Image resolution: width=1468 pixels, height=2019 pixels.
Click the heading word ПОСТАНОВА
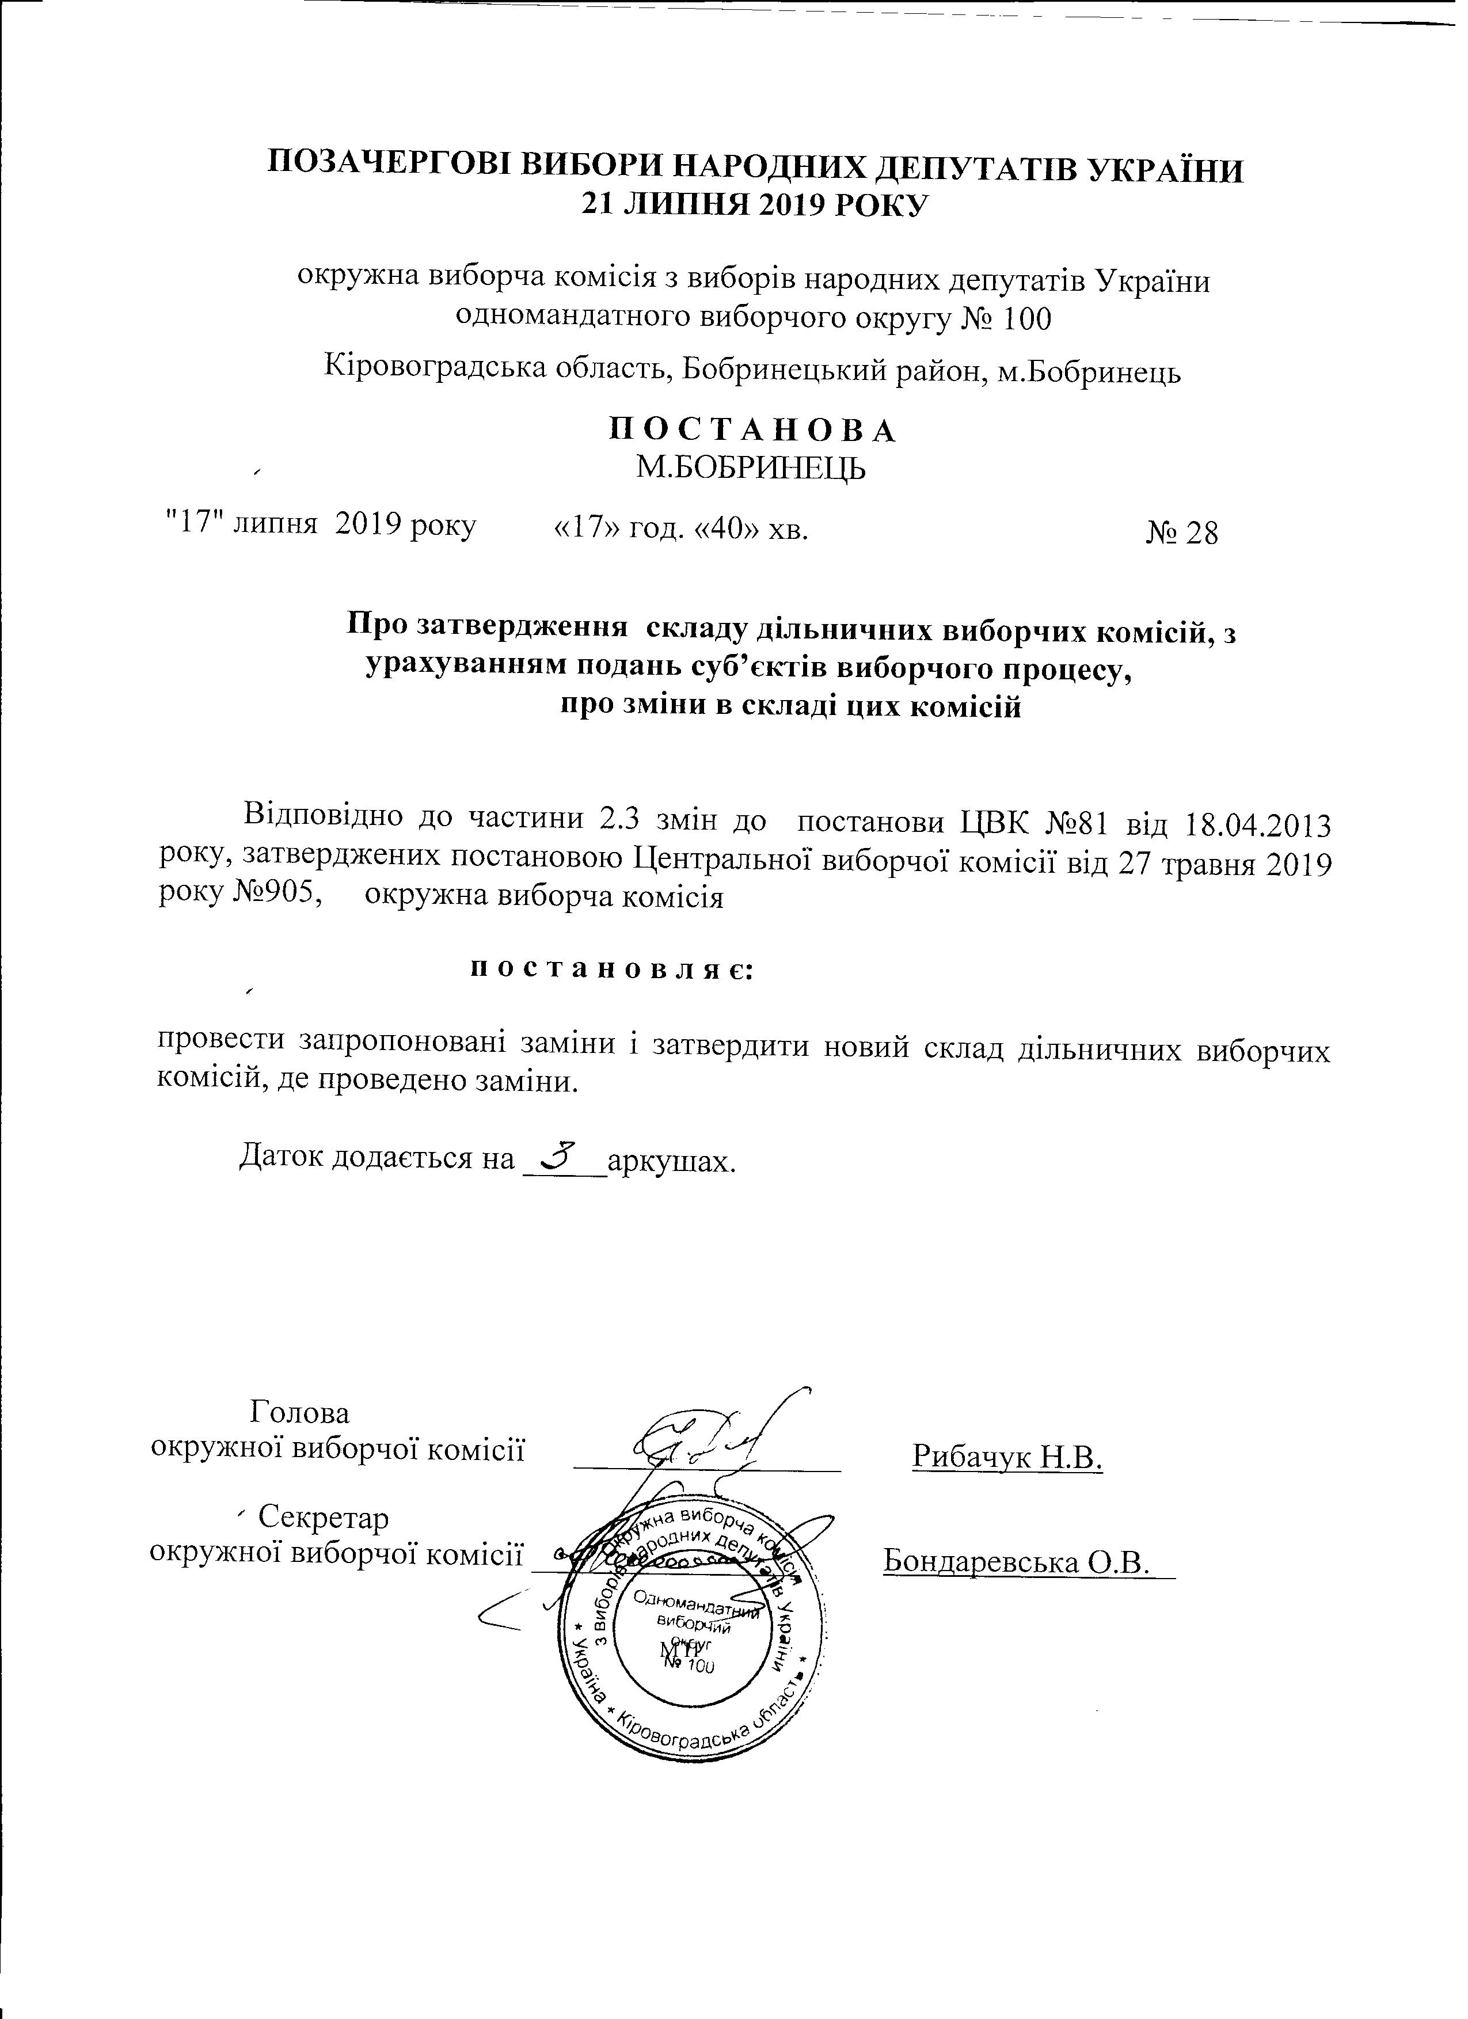tap(752, 430)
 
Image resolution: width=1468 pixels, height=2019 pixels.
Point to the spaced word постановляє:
tap(611, 968)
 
